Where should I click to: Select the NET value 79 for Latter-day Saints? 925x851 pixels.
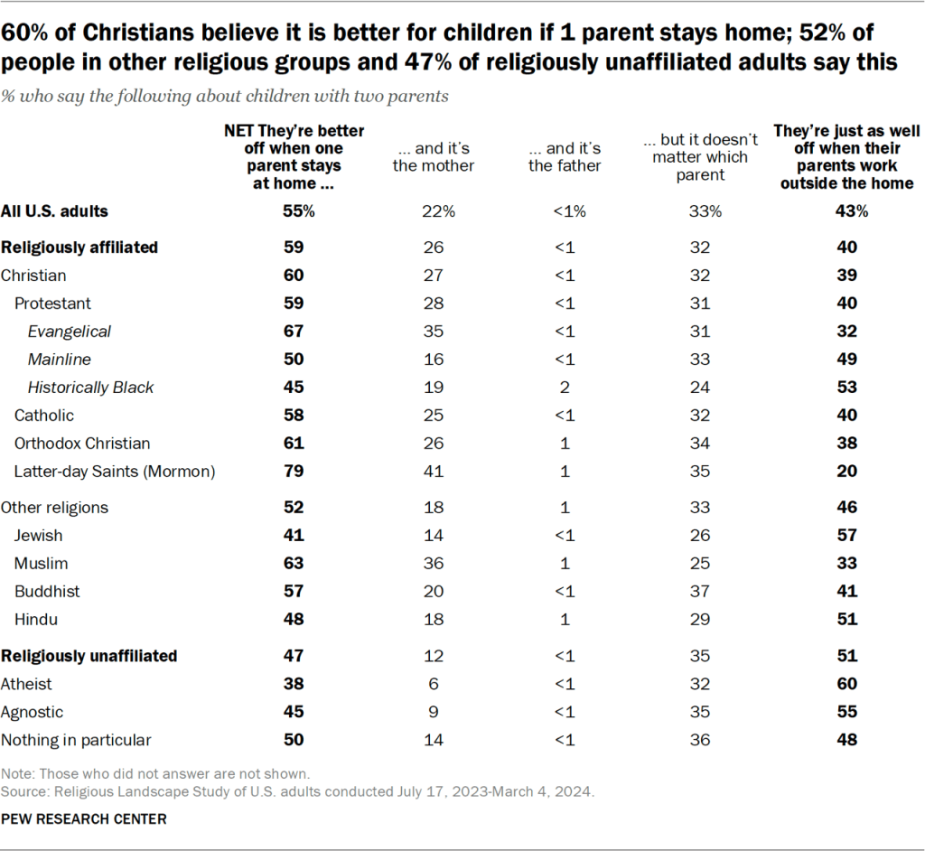point(294,472)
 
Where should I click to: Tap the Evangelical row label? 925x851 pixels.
point(70,332)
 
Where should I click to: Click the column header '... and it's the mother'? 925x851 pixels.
point(434,157)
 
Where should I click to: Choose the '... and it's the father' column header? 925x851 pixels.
point(565,157)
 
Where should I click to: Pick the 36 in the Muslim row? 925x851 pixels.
point(434,564)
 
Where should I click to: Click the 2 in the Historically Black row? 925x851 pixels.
point(565,388)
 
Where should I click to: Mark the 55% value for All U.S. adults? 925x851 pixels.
point(294,211)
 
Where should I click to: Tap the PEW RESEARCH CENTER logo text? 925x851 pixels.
point(84,818)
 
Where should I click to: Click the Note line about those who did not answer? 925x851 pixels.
point(155,773)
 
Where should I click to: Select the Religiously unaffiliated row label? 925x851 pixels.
point(89,656)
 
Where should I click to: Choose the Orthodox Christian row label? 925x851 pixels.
point(82,444)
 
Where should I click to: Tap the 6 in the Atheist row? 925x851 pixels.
point(434,684)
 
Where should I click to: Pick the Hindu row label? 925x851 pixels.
point(34,620)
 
